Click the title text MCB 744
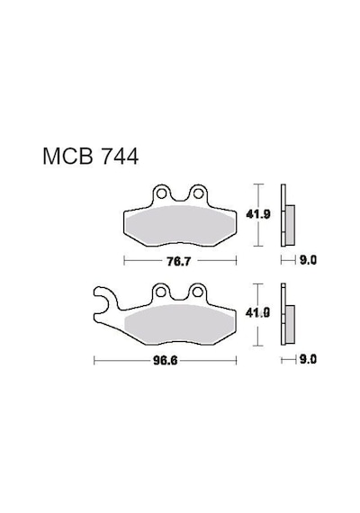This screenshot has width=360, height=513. (x=91, y=157)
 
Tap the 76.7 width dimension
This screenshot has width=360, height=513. (x=178, y=261)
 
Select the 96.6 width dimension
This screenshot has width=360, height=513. (x=166, y=361)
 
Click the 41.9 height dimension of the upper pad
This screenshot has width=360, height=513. (x=258, y=214)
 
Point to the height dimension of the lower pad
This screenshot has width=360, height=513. (x=258, y=313)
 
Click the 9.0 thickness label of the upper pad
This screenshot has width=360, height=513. (x=308, y=260)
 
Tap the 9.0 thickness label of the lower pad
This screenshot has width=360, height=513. (x=308, y=360)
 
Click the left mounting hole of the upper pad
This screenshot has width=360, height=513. (x=161, y=194)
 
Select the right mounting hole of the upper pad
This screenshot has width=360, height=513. (x=198, y=194)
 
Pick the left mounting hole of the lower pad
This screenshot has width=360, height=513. (x=161, y=292)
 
